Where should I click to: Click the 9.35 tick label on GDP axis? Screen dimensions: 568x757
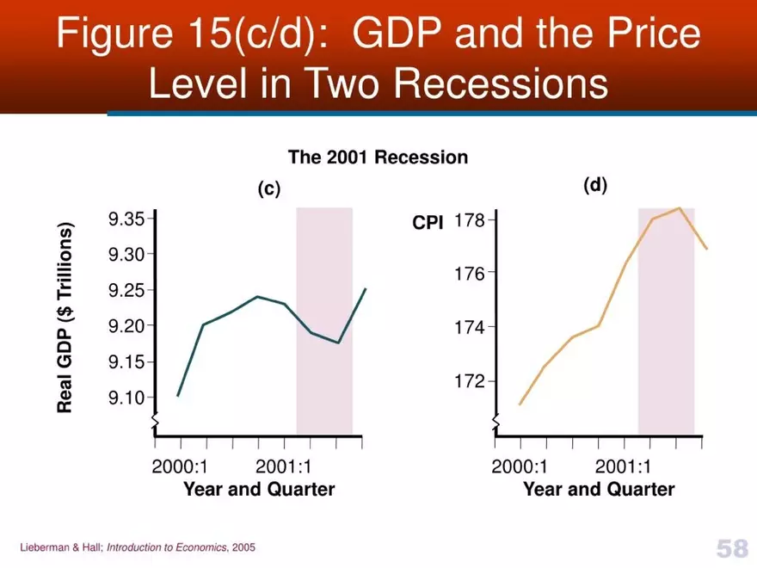point(126,219)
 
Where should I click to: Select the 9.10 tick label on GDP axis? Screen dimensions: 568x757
point(126,398)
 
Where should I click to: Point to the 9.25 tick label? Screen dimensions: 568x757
point(126,291)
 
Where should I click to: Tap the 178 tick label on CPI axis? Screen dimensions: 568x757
point(470,220)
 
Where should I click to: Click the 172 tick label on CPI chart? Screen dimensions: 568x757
point(470,381)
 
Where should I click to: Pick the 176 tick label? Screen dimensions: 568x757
point(470,274)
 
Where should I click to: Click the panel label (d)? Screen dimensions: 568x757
point(595,185)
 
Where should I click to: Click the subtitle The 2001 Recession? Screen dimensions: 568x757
point(378,157)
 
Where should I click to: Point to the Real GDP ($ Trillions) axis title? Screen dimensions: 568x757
point(65,318)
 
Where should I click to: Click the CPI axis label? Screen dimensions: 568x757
point(428,222)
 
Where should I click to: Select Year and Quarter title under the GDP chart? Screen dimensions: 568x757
point(259,490)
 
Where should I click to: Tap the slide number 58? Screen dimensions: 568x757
point(731,548)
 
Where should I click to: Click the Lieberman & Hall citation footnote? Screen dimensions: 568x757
point(138,547)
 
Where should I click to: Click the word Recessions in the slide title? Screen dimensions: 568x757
point(500,84)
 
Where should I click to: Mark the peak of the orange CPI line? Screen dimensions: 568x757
point(680,207)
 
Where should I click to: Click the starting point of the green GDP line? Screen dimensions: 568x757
point(178,396)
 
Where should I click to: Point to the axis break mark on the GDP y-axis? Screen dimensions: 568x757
point(155,420)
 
